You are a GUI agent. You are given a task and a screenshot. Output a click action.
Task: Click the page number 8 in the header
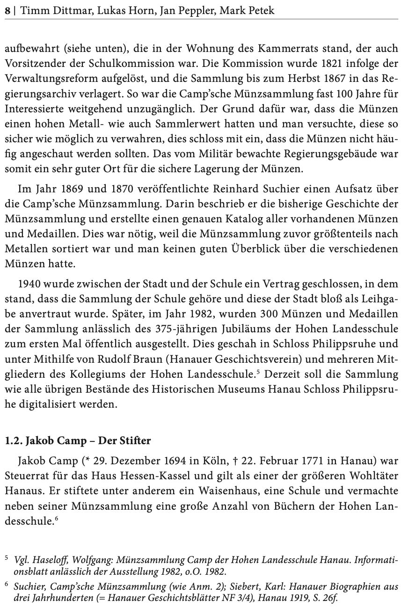click(x=7, y=10)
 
